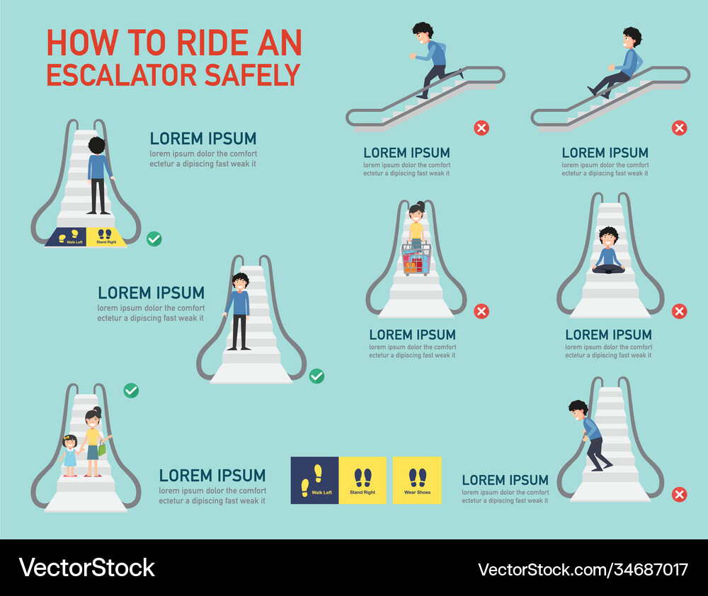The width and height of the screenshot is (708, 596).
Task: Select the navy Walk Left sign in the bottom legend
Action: (314, 480)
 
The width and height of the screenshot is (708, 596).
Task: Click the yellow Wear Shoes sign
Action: (418, 480)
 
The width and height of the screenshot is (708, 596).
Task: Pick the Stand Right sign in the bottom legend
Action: (362, 480)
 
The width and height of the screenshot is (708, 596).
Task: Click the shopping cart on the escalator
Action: (416, 259)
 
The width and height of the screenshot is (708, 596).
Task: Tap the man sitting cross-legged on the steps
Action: (608, 251)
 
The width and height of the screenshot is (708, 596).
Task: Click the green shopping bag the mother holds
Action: (103, 448)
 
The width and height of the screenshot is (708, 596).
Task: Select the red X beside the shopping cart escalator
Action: (481, 311)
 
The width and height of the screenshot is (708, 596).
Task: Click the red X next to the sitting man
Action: (679, 311)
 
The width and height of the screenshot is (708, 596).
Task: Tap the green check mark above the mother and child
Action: (131, 390)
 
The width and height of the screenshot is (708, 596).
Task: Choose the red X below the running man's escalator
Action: (481, 128)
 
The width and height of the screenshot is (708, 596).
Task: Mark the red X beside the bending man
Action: (679, 494)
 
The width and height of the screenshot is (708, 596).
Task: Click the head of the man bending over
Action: (578, 411)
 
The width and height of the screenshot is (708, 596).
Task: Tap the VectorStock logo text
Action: (86, 568)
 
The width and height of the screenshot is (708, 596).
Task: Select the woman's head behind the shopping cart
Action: (416, 211)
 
